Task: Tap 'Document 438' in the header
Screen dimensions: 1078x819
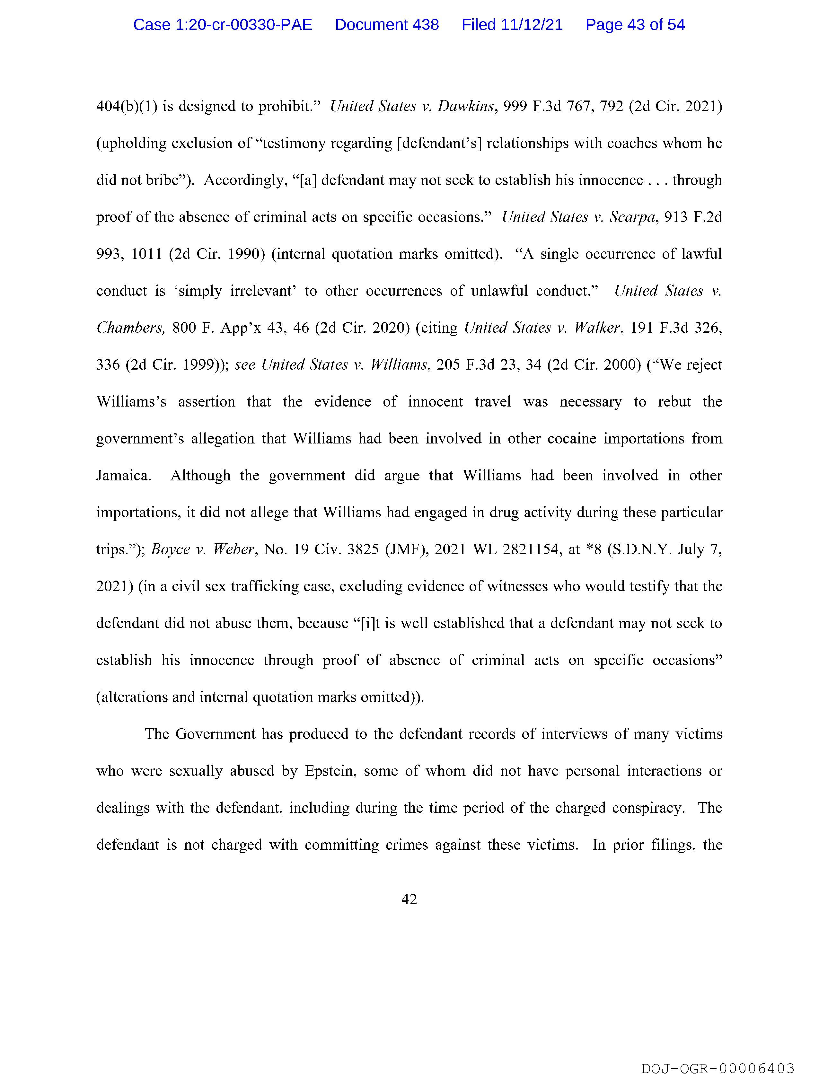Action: pyautogui.click(x=387, y=24)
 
